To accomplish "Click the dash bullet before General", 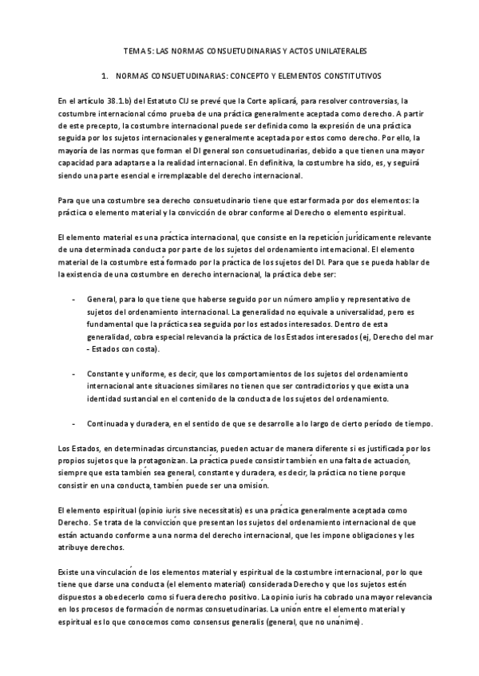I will point(73,297).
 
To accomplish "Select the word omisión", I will point(251,485).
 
